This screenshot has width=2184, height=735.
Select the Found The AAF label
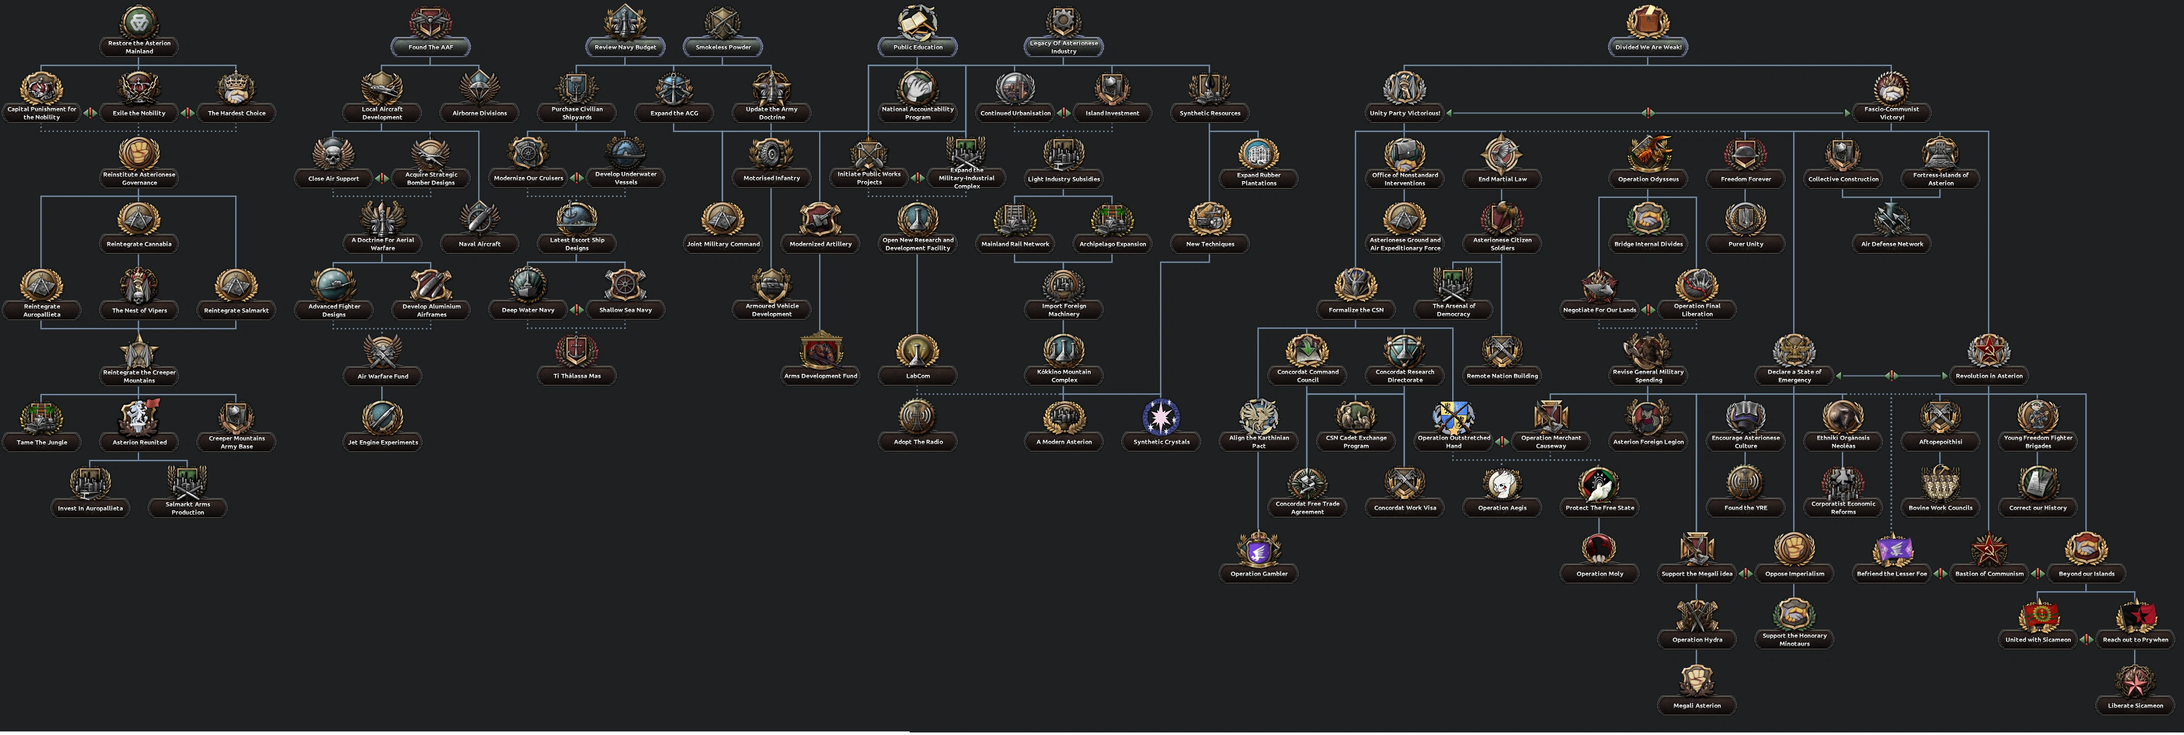[x=431, y=48]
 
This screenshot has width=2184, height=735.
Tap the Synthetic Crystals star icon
[x=1162, y=417]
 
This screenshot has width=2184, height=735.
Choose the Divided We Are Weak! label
[x=1648, y=48]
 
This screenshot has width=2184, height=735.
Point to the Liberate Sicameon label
[x=2136, y=706]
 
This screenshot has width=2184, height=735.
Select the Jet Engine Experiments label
[x=383, y=442]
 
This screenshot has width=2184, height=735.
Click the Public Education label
[x=918, y=48]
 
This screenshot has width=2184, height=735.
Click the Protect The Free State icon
[x=1600, y=483]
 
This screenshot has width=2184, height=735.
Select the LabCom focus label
[x=918, y=376]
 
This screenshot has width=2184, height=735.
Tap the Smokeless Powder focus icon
[x=723, y=22]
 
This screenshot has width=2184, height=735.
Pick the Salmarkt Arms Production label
[x=188, y=509]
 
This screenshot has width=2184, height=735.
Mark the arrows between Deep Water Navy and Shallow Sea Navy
[x=576, y=310]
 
